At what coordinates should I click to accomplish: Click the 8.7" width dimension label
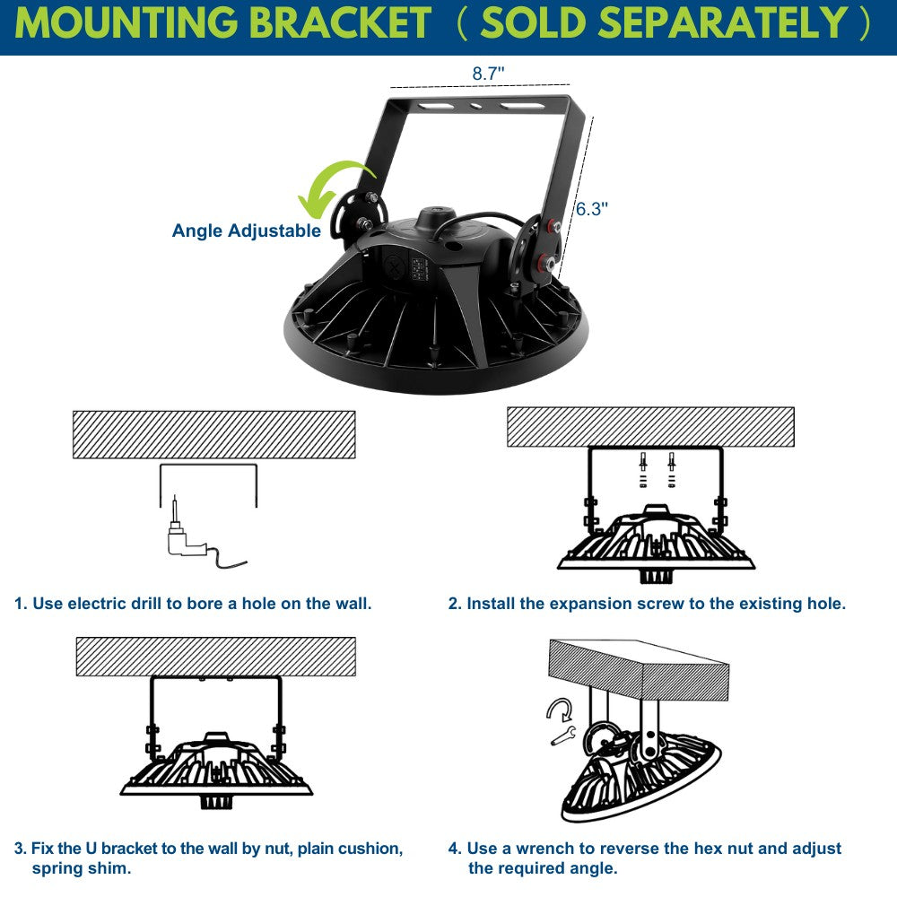tap(488, 74)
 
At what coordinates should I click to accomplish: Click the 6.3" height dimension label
tap(592, 209)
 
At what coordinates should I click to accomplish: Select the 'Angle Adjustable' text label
tap(246, 231)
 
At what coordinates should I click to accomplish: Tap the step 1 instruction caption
tap(193, 604)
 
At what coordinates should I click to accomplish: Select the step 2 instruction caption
tap(647, 604)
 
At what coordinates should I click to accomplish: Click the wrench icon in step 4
tap(562, 736)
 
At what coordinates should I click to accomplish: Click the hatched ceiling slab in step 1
tap(213, 435)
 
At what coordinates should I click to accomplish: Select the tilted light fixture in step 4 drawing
tap(637, 776)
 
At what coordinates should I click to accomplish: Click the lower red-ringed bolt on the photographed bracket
tap(545, 265)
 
